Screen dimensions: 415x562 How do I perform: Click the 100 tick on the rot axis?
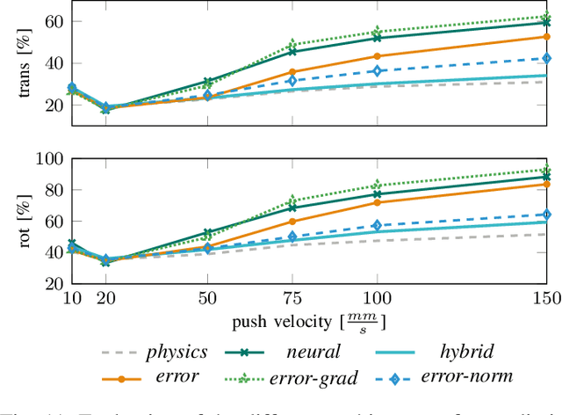coord(48,158)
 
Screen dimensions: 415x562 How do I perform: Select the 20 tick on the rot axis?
coord(53,283)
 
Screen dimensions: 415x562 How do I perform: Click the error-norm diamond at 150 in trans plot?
coord(546,58)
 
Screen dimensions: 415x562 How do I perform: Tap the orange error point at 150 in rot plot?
coord(546,184)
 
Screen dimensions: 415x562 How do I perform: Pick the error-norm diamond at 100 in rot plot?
coord(377,226)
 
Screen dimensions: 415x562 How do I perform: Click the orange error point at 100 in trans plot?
coord(377,56)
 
